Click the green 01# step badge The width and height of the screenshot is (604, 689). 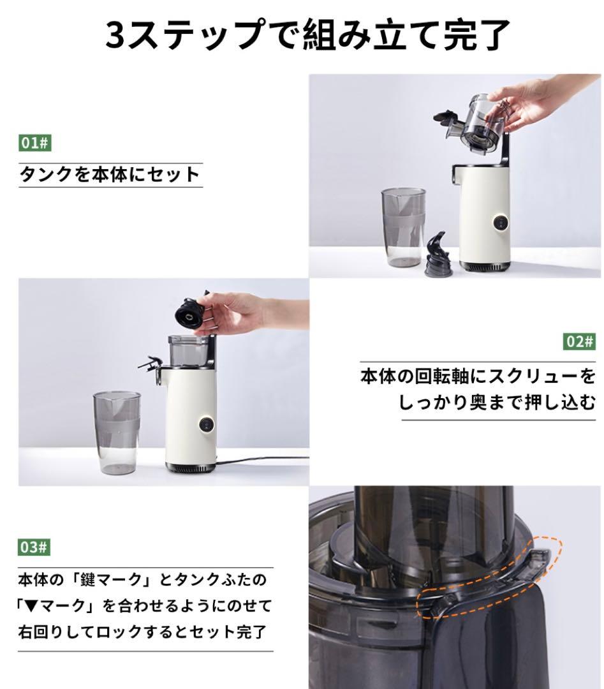34,143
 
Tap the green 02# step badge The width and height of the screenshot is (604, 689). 579,341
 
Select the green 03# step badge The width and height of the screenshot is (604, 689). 34,547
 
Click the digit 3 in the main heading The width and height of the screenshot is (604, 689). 116,35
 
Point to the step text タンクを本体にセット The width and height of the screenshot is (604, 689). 110,174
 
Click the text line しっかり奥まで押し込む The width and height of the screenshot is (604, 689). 497,402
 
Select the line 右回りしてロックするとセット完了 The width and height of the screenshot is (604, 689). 142,632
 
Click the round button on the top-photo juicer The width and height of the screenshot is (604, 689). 499,223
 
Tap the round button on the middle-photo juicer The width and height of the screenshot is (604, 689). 205,424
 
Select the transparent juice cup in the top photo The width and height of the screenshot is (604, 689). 404,228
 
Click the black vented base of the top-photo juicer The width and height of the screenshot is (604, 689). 485,266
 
